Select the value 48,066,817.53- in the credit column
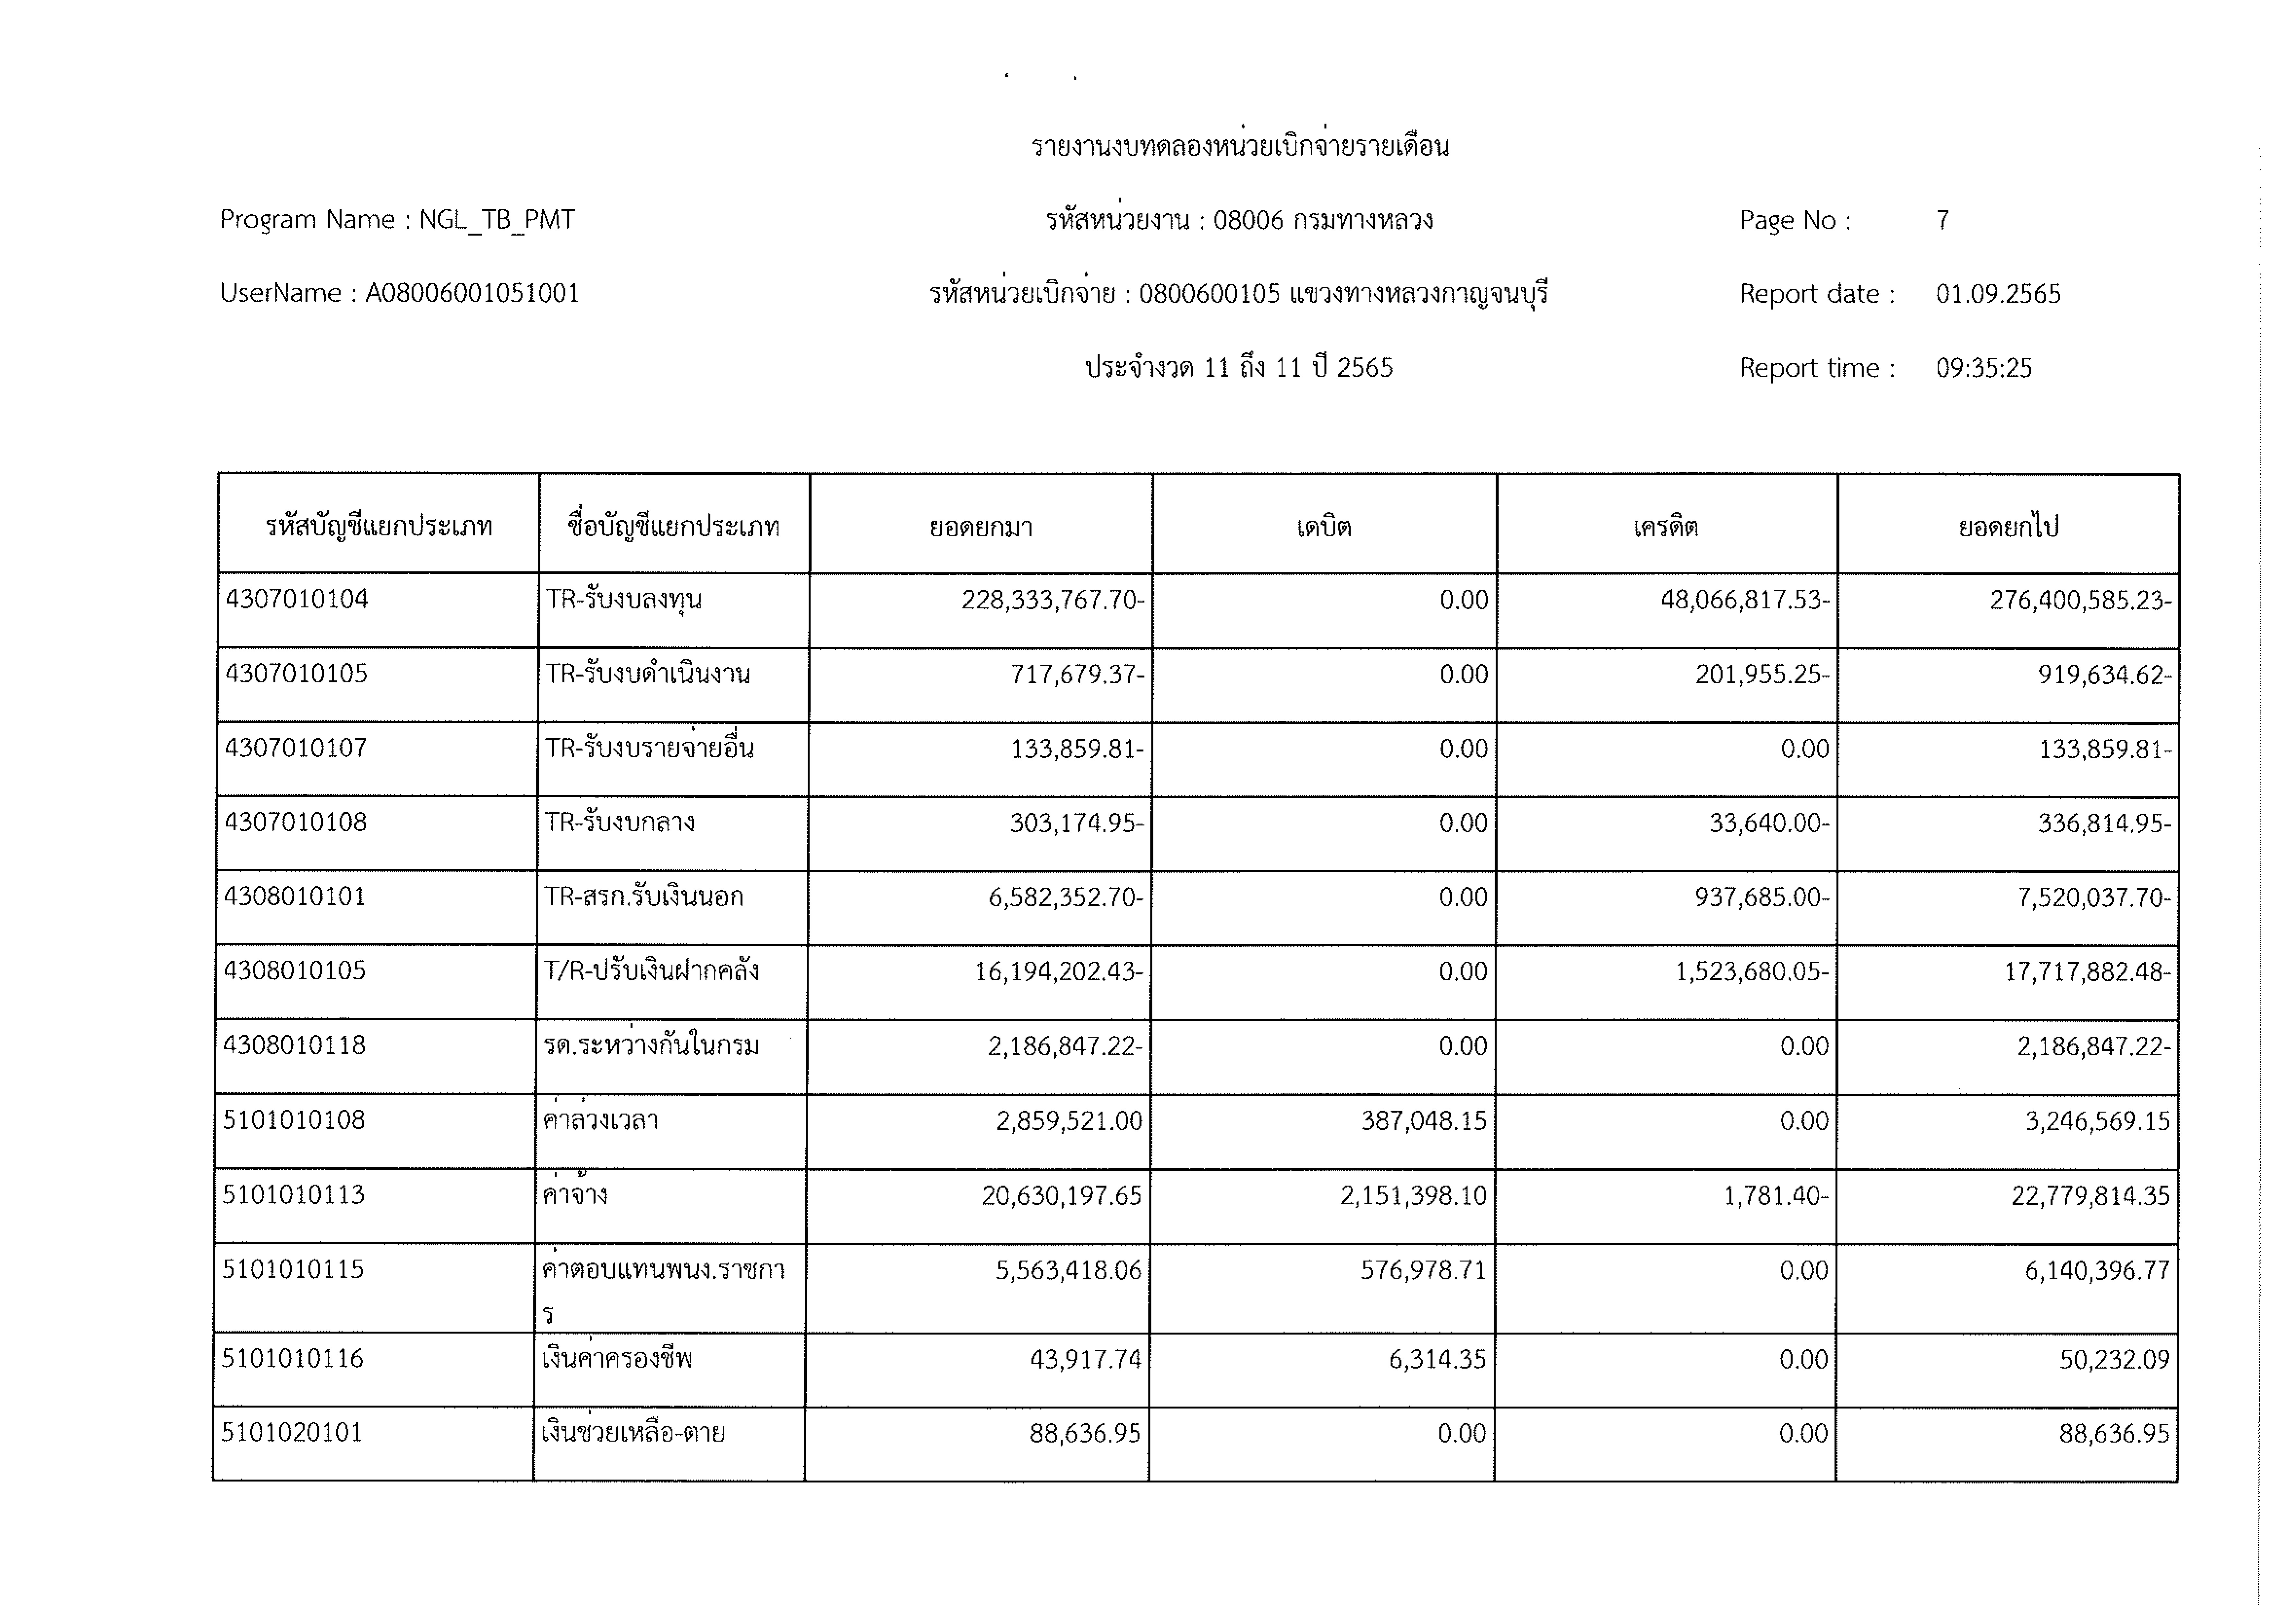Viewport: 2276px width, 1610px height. [x=1745, y=600]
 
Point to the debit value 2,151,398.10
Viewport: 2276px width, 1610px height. [x=1414, y=1196]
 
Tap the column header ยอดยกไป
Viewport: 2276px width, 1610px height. [x=2008, y=526]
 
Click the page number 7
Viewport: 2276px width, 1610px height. [x=1943, y=219]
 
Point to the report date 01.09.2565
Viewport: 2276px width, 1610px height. [x=1997, y=293]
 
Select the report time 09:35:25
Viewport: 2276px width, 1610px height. [x=1983, y=368]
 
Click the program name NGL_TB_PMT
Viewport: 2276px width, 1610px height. [x=497, y=219]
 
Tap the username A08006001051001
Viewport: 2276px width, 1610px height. [x=472, y=293]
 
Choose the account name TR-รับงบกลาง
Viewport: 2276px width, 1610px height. [x=620, y=822]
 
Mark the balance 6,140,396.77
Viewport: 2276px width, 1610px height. [x=2097, y=1270]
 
